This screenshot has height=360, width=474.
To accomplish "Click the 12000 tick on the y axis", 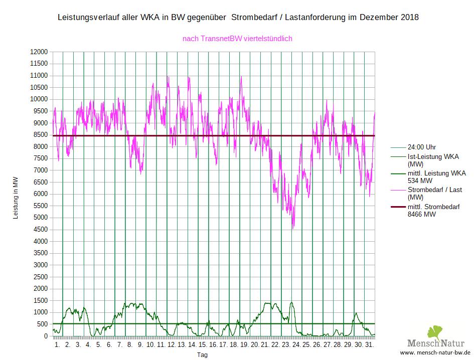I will tap(39, 52).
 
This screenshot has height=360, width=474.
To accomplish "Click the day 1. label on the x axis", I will tap(57, 345).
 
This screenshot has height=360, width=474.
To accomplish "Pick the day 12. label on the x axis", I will tap(172, 345).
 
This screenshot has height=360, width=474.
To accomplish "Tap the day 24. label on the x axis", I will tap(296, 345).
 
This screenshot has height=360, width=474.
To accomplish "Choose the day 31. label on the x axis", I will tap(369, 345).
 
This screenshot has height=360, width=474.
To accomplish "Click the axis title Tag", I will tap(202, 354).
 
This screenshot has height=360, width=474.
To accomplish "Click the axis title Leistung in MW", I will tap(15, 194).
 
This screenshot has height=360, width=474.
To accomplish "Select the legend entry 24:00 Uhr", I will tap(422, 147).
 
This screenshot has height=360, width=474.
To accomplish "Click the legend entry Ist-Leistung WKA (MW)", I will tap(433, 160).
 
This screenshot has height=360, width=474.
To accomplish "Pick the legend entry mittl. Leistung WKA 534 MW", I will tap(436, 176).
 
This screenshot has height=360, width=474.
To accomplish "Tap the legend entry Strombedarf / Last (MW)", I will tap(434, 194).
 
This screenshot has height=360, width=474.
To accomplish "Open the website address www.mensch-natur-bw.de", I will tap(435, 353).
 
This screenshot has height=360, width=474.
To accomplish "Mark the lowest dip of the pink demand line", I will tap(293, 229).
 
